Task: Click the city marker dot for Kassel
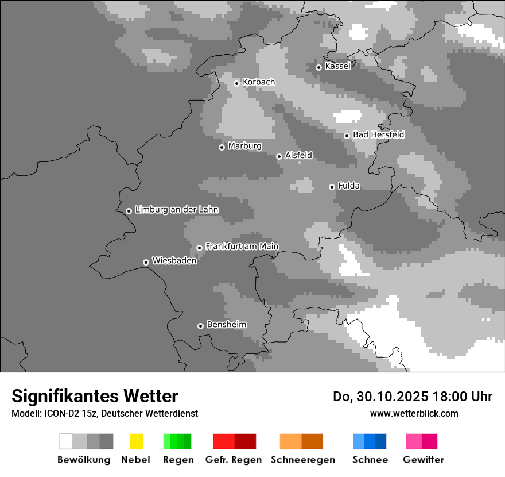[318, 67]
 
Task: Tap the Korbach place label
[259, 82]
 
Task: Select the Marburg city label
[244, 146]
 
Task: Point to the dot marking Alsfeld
[279, 156]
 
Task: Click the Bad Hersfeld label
[378, 135]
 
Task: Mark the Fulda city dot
[332, 187]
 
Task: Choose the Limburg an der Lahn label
[177, 210]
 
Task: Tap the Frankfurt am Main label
[242, 247]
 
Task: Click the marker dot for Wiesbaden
[146, 262]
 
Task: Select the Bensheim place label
[226, 325]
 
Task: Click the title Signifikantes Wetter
[95, 396]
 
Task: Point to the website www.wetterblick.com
[414, 413]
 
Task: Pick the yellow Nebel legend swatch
[136, 441]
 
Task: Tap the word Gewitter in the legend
[424, 460]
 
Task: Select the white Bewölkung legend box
[66, 441]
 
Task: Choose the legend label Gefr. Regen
[233, 460]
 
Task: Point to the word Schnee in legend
[370, 460]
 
